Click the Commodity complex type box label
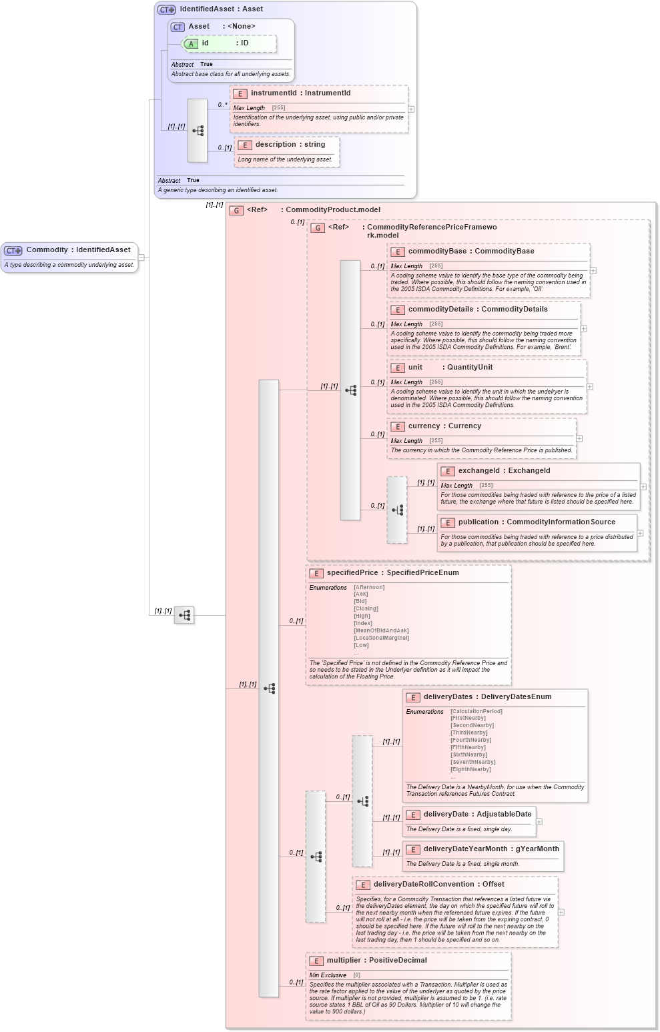(78, 250)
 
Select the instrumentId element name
(274, 93)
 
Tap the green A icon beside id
(191, 44)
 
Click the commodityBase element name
(437, 251)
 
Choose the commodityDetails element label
(442, 310)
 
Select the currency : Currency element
(444, 426)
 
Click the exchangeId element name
(478, 471)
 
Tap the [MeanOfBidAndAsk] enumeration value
(381, 630)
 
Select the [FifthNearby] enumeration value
(468, 747)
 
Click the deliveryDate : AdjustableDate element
(477, 815)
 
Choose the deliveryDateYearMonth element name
(465, 849)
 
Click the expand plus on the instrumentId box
(411, 109)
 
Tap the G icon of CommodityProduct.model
(236, 210)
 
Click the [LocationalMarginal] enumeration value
(381, 638)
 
